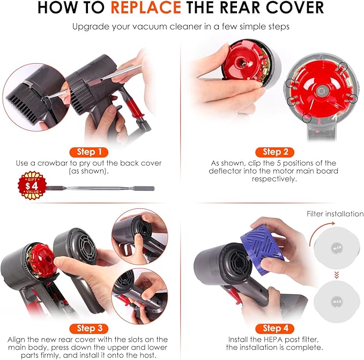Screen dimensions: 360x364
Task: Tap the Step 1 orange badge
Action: tap(90, 152)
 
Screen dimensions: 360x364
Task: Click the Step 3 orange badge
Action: tap(90, 328)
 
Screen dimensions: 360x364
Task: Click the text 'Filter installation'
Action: tap(335, 214)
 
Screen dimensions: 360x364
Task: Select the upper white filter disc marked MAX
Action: tap(336, 248)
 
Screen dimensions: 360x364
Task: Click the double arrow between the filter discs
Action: tap(336, 276)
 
